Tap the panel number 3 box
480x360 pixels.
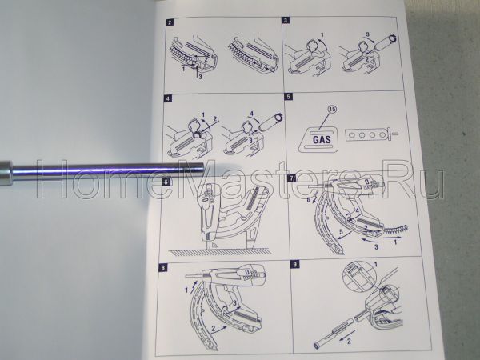[x=286, y=19]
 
